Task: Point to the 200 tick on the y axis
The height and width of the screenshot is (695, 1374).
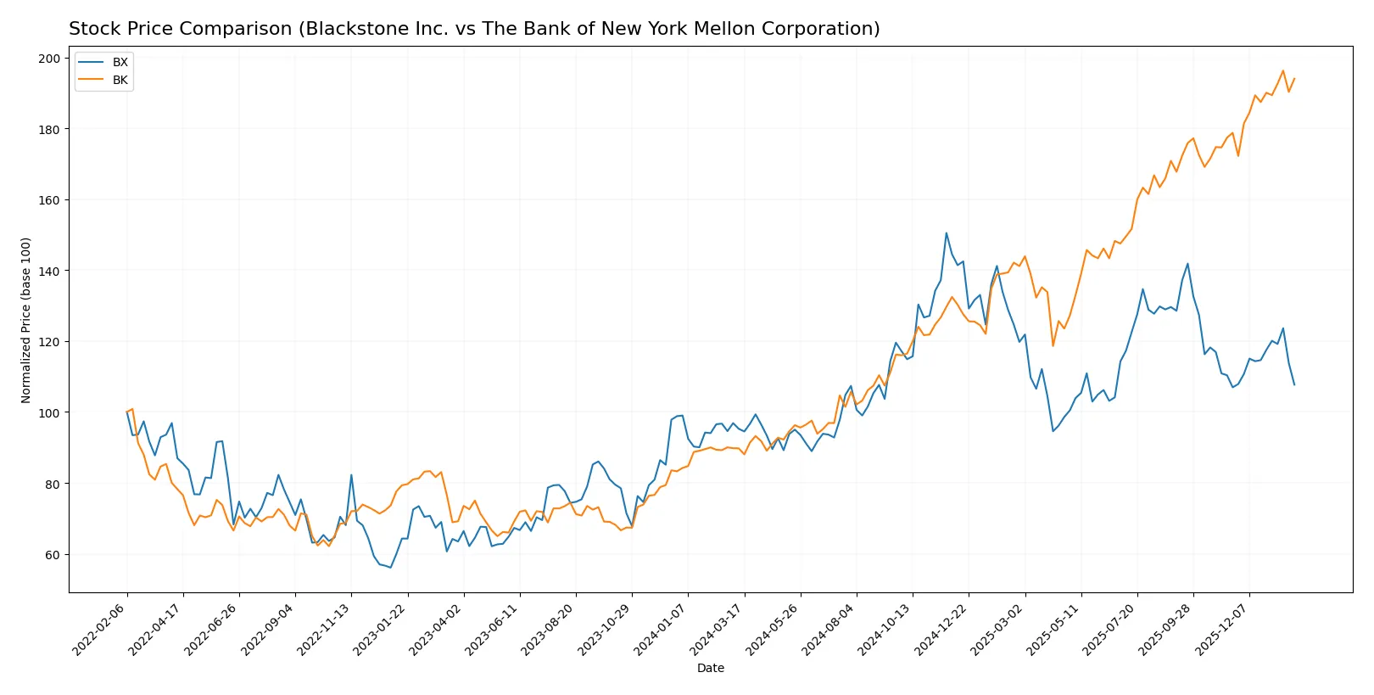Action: pyautogui.click(x=49, y=59)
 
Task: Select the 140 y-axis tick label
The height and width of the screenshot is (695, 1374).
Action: pyautogui.click(x=49, y=271)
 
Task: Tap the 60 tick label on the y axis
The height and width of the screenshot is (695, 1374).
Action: pyautogui.click(x=53, y=555)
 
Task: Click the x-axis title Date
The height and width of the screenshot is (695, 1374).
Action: pyautogui.click(x=710, y=668)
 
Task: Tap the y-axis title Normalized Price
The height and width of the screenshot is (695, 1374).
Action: pyautogui.click(x=25, y=320)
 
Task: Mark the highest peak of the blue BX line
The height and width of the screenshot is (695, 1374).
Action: pyautogui.click(x=946, y=233)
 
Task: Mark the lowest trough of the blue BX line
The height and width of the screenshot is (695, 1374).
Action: pyautogui.click(x=390, y=567)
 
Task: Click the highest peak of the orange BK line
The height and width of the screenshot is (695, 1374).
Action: pyautogui.click(x=1282, y=71)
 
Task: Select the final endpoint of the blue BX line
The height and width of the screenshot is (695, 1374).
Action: pyautogui.click(x=1294, y=384)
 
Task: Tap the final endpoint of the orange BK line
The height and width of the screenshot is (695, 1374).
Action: pyautogui.click(x=1294, y=79)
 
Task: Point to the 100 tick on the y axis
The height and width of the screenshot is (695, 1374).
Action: pyautogui.click(x=49, y=412)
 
